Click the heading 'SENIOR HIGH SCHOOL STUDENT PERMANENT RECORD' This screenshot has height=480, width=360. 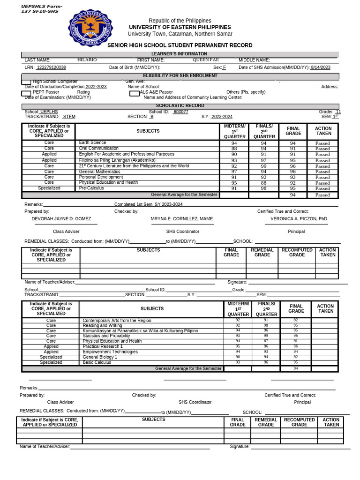pos(180,45)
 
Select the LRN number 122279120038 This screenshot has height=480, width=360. pos(51,67)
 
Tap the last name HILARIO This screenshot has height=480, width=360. pos(87,60)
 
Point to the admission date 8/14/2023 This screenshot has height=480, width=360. pos(320,67)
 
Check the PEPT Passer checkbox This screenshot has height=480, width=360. pos(26,92)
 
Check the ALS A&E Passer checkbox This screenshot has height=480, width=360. pos(134,93)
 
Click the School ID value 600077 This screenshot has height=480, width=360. pos(180,112)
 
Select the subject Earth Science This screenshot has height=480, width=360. pos(93,142)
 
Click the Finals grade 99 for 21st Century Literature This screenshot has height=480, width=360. pos(263,166)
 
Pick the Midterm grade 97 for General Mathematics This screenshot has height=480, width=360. pos(234,172)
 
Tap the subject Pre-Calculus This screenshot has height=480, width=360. pos(91,188)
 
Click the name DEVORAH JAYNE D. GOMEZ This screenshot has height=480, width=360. pos(61,219)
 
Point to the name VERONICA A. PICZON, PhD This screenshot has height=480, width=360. pos(299,219)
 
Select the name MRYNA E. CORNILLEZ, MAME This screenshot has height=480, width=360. pos(182,219)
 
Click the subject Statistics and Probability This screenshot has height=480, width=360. pos(106,336)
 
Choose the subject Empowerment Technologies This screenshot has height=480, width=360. pos(110,352)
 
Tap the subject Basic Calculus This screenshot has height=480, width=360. pos(97,362)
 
